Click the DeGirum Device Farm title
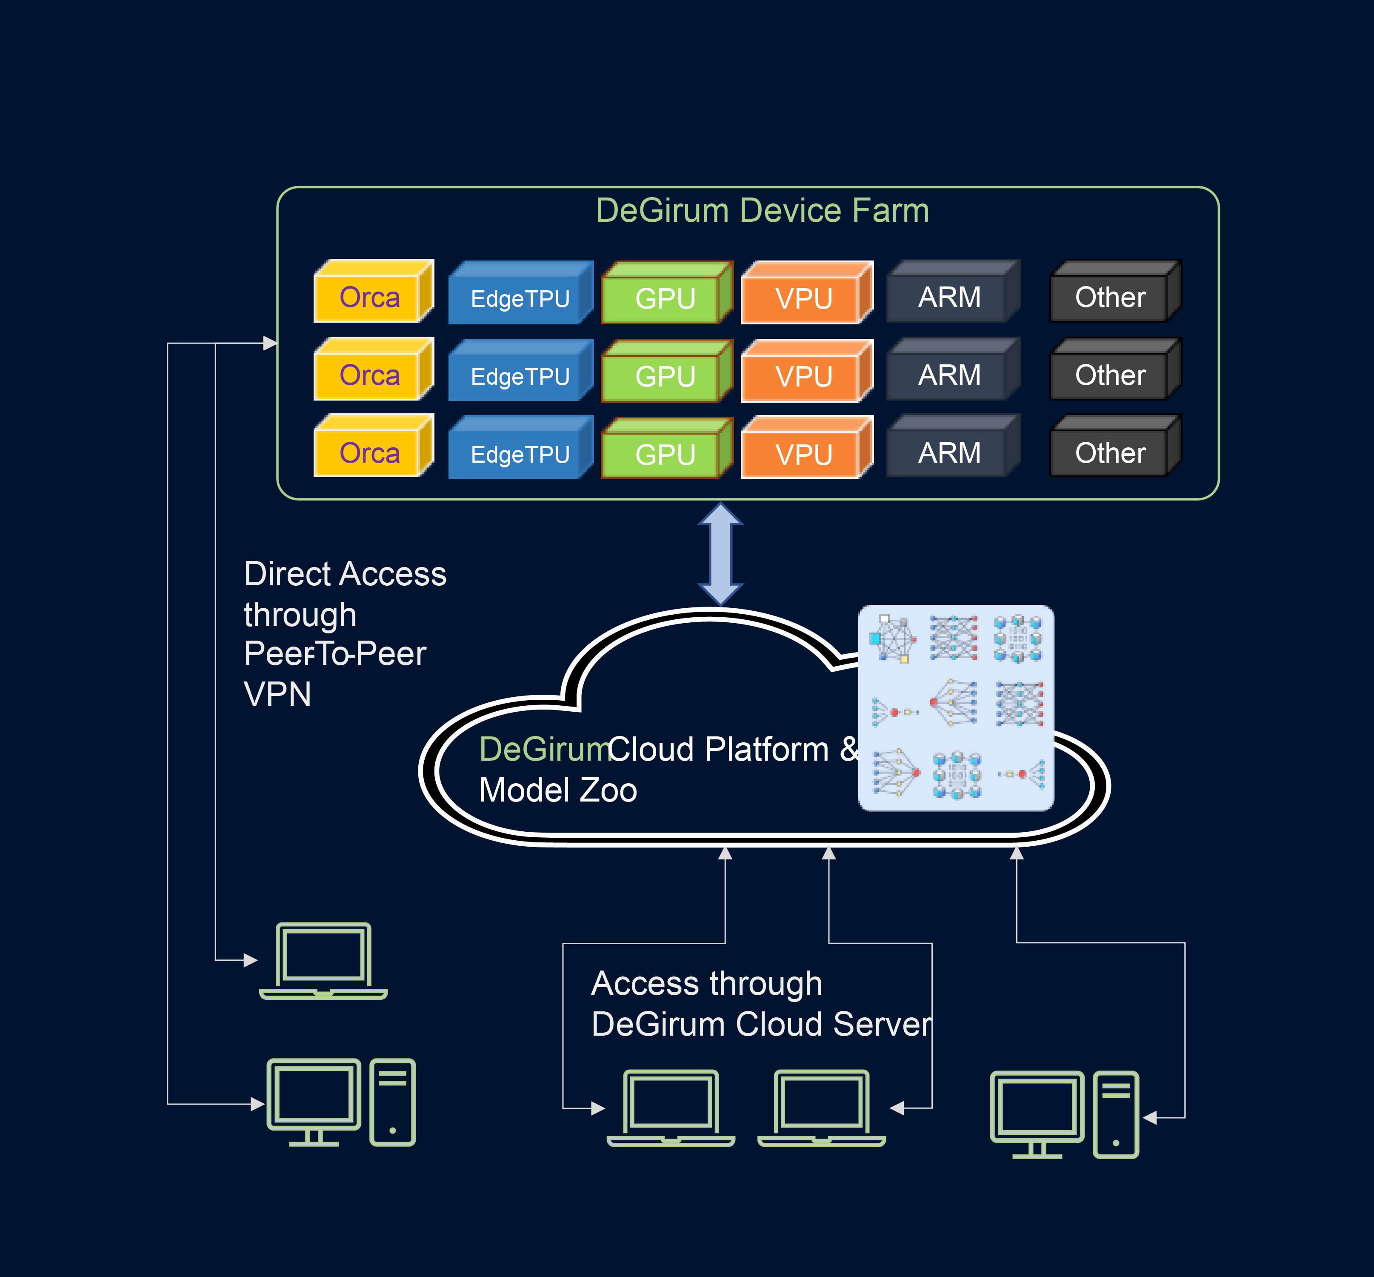[762, 211]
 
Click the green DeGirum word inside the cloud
[544, 749]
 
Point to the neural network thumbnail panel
[956, 707]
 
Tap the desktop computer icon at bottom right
[1064, 1114]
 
